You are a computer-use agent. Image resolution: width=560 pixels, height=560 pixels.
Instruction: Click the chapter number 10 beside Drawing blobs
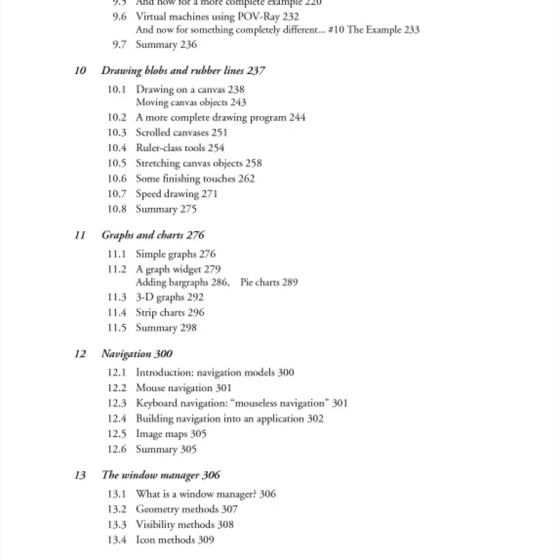[x=80, y=71]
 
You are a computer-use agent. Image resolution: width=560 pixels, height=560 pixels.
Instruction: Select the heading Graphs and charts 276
[x=153, y=235]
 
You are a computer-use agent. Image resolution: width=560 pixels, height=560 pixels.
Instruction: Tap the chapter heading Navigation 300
[x=137, y=353]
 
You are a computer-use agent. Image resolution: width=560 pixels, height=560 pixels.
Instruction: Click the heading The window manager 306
[x=161, y=475]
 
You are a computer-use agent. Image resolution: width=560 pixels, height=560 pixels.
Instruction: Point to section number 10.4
[x=117, y=148]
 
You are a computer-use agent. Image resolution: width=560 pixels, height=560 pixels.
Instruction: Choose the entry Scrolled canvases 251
[x=181, y=132]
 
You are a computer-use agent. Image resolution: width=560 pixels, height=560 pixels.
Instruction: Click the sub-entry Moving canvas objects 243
[x=191, y=102]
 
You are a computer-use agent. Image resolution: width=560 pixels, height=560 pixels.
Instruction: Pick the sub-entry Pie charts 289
[x=269, y=282]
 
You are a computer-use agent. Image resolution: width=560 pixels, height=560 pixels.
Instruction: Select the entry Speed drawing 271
[x=176, y=194]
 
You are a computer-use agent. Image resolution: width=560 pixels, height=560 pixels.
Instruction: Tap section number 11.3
[x=117, y=297]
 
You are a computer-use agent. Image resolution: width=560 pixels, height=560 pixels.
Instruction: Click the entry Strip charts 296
[x=170, y=313]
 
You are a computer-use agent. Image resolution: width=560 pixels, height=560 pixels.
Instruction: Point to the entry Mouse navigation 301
[x=183, y=388]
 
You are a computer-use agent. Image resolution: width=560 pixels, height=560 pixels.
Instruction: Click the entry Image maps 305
[x=171, y=434]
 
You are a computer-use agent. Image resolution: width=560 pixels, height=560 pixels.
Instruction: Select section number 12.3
[x=117, y=403]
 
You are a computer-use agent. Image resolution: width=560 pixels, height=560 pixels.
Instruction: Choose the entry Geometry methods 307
[x=186, y=510]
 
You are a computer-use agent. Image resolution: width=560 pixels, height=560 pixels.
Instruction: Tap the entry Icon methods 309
[x=174, y=540]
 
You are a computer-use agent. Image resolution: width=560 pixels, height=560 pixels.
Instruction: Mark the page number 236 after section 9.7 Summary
[x=188, y=45]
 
